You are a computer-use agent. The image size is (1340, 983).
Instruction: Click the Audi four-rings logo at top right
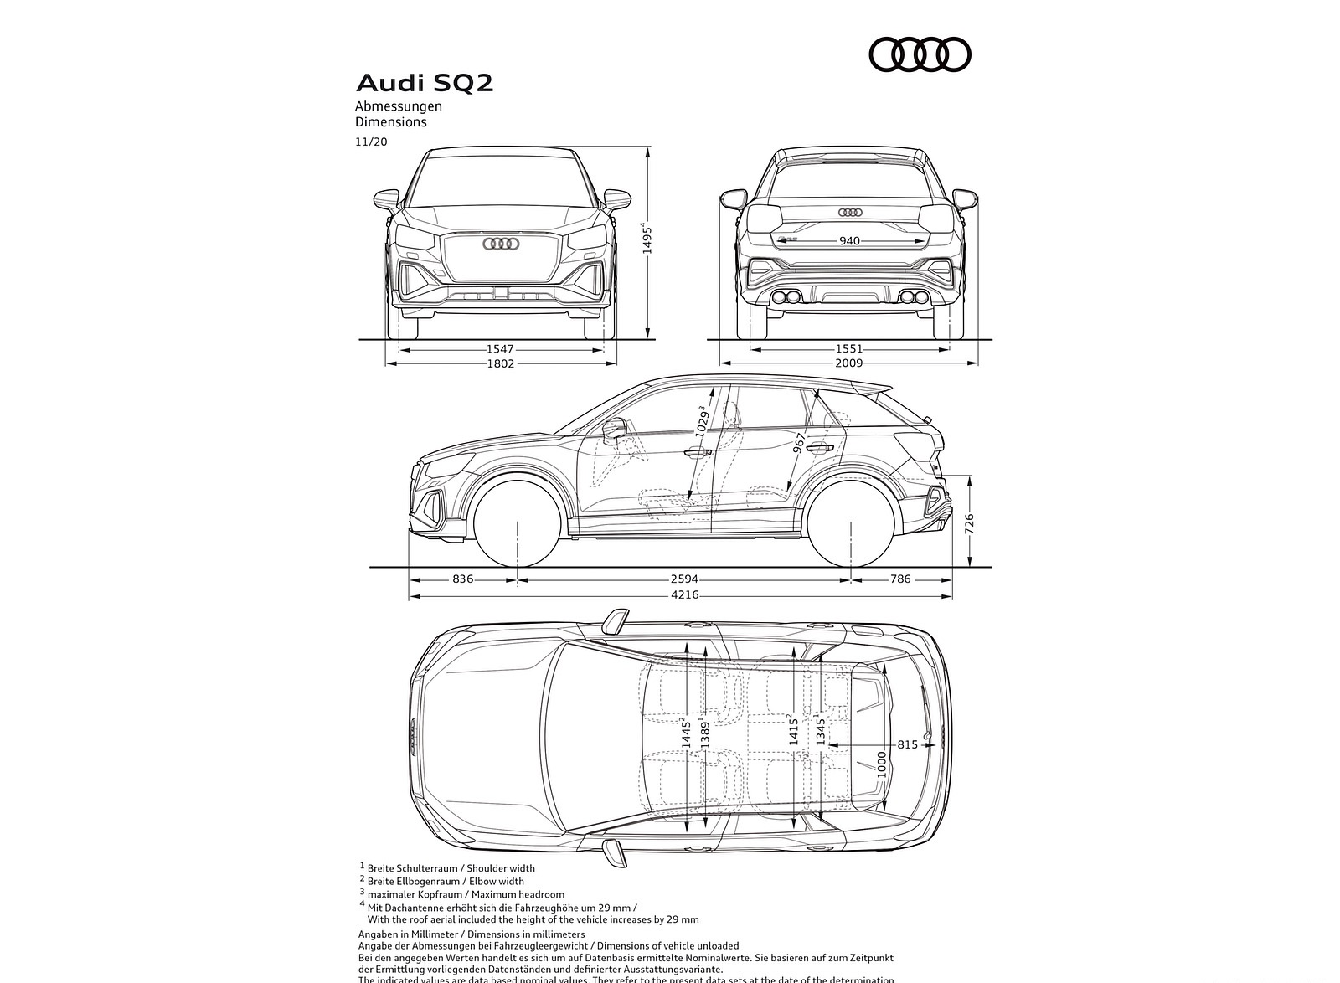[x=920, y=54]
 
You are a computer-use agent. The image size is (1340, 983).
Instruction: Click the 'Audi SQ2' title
[x=425, y=83]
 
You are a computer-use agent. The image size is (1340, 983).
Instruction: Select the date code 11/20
[x=371, y=142]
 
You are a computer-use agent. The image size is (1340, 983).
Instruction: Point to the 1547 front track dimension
[x=500, y=349]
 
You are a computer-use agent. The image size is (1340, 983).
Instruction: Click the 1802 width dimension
[x=500, y=363]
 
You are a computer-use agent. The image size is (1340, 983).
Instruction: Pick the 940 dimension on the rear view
[x=848, y=241]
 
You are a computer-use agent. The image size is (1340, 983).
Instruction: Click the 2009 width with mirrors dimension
[x=848, y=363]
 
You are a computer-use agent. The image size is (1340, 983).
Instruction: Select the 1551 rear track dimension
[x=848, y=349]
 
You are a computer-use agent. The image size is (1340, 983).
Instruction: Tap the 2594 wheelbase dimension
[x=683, y=579]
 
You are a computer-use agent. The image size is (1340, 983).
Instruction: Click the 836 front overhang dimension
[x=462, y=579]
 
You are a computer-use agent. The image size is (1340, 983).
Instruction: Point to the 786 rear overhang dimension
[x=899, y=579]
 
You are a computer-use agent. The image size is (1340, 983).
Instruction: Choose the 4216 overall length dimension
[x=683, y=595]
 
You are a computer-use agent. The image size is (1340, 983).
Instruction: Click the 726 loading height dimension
[x=969, y=524]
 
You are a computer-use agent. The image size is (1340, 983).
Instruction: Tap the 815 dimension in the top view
[x=907, y=744]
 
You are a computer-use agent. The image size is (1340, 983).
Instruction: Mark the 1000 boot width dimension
[x=881, y=764]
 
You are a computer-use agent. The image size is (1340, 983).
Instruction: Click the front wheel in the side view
[x=517, y=522]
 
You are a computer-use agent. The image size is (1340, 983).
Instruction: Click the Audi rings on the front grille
[x=501, y=244]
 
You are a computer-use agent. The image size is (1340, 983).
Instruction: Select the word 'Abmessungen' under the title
[x=398, y=106]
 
